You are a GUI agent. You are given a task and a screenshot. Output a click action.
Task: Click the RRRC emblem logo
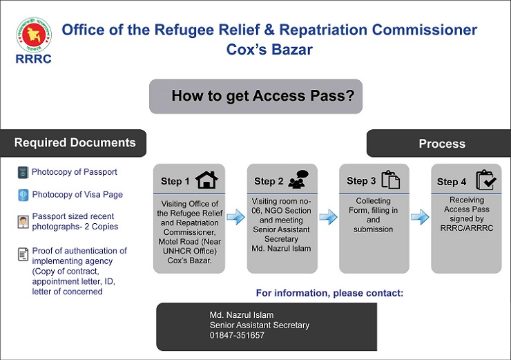pyautogui.click(x=34, y=35)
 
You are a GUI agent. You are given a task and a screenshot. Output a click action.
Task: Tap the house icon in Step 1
pyautogui.click(x=206, y=180)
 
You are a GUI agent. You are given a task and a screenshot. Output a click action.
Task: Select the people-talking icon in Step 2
pyautogui.click(x=298, y=180)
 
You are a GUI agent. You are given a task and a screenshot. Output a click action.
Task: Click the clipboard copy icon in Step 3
pyautogui.click(x=390, y=180)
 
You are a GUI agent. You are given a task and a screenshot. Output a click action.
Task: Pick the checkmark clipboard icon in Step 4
pyautogui.click(x=486, y=180)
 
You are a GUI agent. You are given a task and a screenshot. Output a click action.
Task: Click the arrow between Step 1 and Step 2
pyautogui.click(x=235, y=217)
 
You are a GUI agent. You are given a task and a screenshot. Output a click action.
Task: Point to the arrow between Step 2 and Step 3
pyautogui.click(x=328, y=217)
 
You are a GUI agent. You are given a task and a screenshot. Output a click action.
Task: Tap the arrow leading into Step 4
pyautogui.click(x=420, y=217)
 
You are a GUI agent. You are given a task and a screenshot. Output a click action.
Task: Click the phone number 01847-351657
pyautogui.click(x=237, y=335)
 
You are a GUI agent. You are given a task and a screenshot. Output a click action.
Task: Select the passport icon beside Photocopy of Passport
pyautogui.click(x=23, y=172)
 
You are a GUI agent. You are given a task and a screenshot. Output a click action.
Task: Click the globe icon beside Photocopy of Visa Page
pyautogui.click(x=23, y=195)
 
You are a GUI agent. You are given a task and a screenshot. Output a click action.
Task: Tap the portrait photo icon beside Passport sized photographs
pyautogui.click(x=23, y=222)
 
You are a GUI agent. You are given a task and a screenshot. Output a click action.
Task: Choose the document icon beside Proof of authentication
pyautogui.click(x=23, y=254)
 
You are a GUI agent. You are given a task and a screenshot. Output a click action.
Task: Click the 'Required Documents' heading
pyautogui.click(x=75, y=143)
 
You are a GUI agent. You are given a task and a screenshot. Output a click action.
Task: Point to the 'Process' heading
pyautogui.click(x=442, y=144)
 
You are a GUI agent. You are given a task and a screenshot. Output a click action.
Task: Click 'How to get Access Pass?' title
pyautogui.click(x=263, y=96)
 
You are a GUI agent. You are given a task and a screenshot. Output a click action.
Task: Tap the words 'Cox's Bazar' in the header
pyautogui.click(x=269, y=50)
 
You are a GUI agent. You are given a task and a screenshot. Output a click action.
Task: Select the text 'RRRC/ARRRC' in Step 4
pyautogui.click(x=467, y=228)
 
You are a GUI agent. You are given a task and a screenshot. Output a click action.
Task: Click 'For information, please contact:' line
pyautogui.click(x=329, y=293)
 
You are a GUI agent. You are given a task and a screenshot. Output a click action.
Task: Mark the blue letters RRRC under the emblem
pyautogui.click(x=34, y=59)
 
